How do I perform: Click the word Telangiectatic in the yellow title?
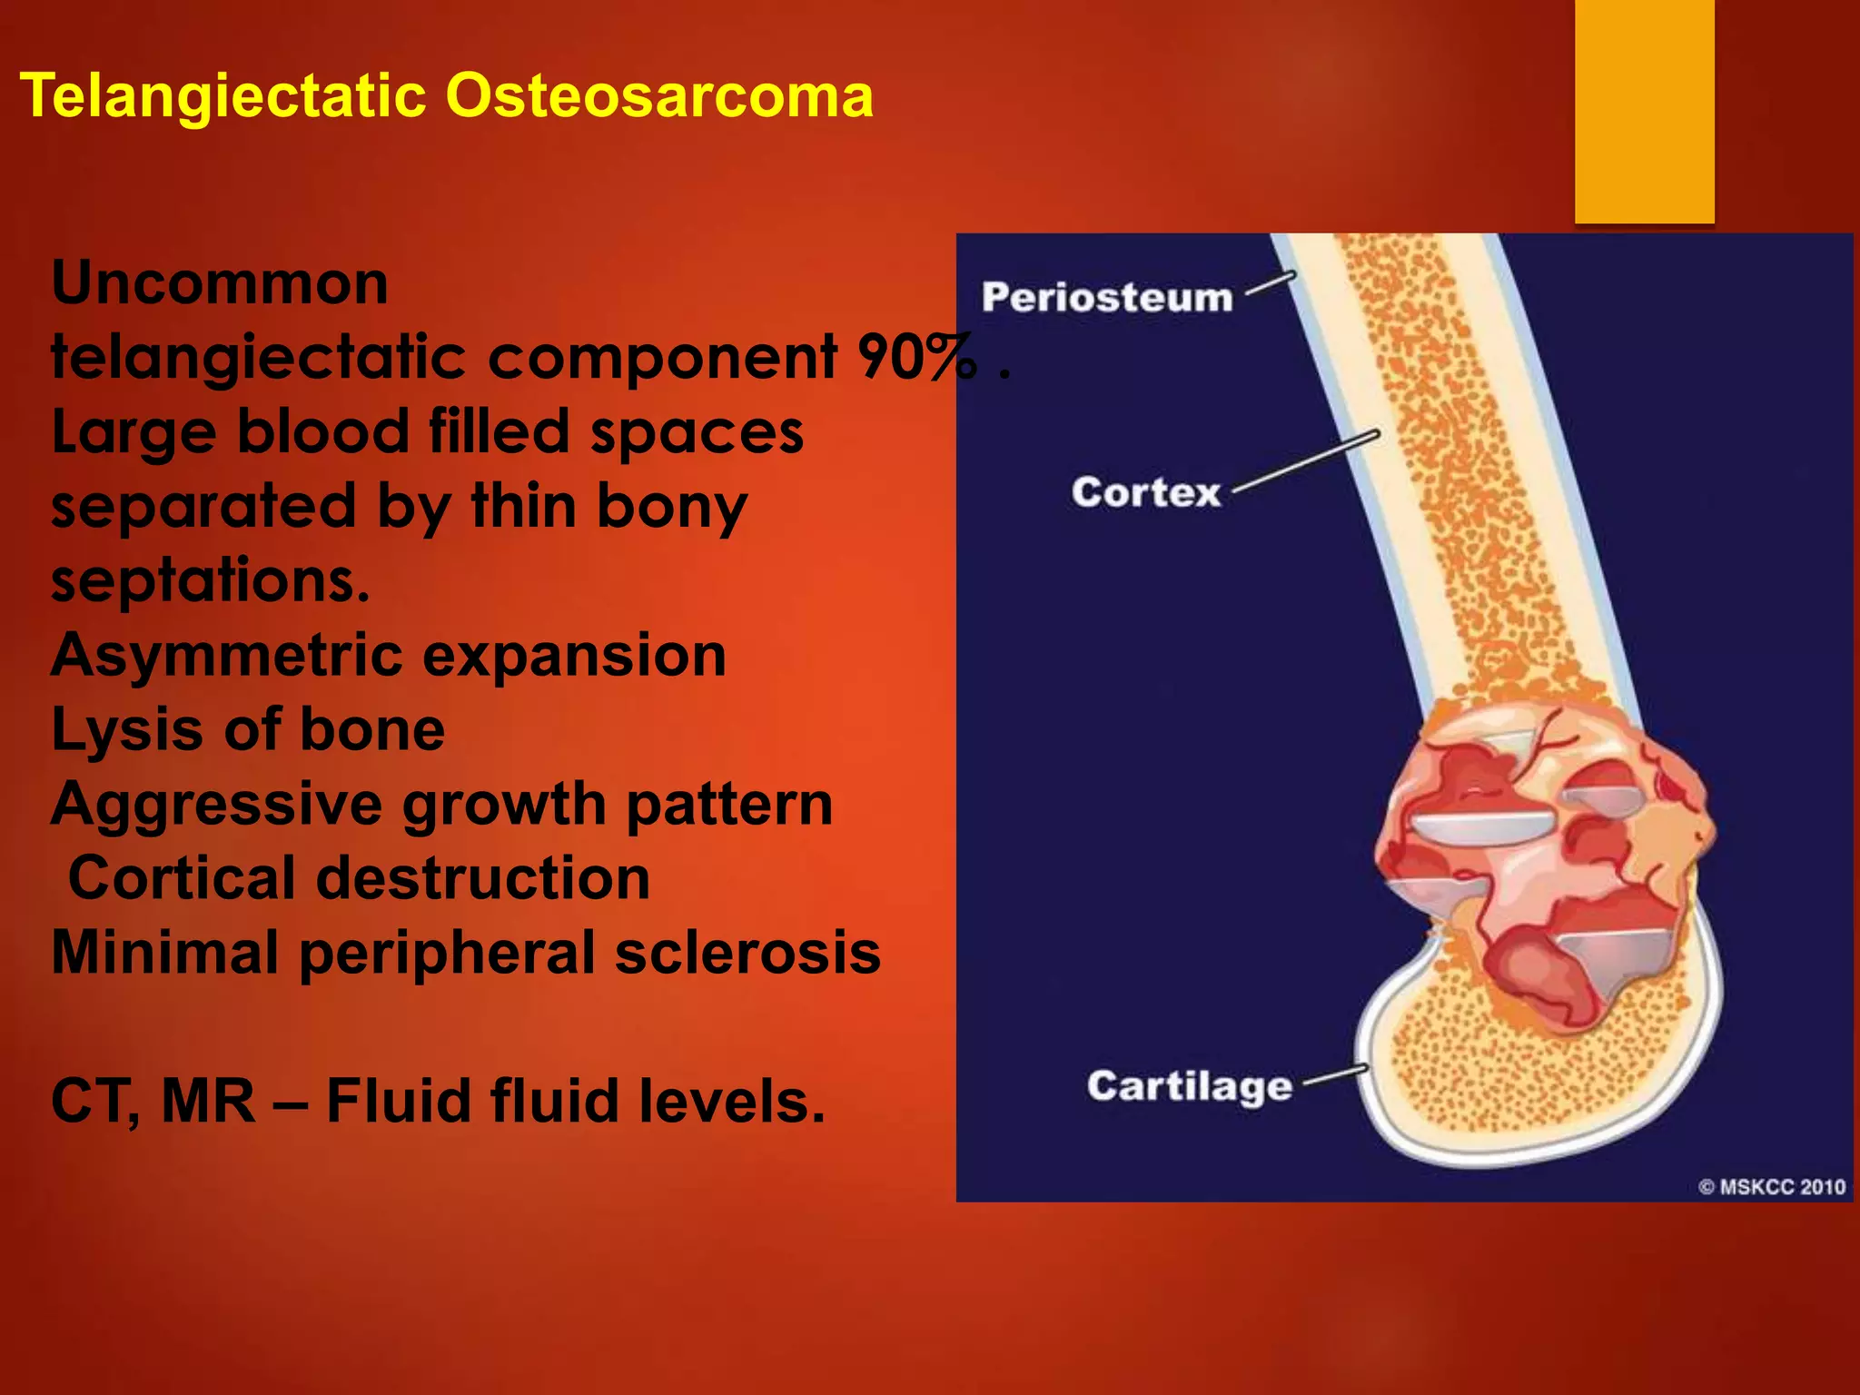point(223,95)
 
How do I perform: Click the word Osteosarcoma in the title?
point(658,95)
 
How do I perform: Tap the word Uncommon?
point(220,283)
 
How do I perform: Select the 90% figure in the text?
point(917,357)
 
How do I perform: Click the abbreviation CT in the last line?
point(91,1102)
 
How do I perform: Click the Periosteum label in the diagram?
point(1106,298)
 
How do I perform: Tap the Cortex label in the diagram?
point(1145,492)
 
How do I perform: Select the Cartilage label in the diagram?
point(1189,1085)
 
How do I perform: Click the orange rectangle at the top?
point(1644,109)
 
